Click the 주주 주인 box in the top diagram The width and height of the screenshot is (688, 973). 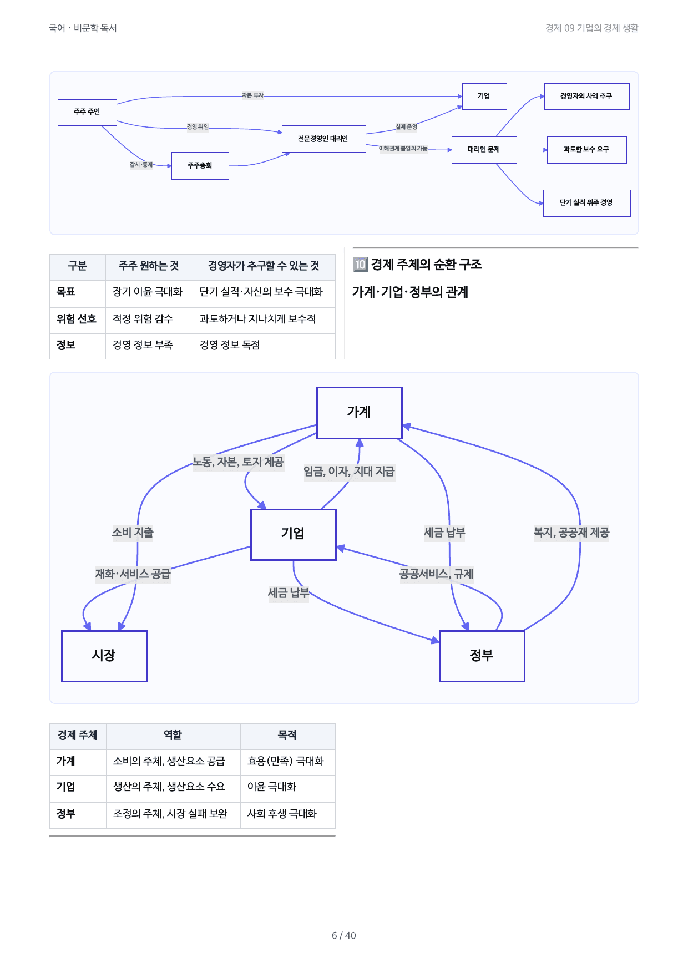pos(87,113)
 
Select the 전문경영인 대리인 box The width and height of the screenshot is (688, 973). pos(323,139)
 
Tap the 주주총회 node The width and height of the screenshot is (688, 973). pos(200,166)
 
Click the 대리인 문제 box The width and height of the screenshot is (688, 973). pos(484,150)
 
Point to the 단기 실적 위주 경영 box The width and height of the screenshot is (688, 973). pos(586,203)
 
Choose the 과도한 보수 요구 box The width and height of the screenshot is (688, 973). pos(586,150)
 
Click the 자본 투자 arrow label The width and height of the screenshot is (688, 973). pos(252,95)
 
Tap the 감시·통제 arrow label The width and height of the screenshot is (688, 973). pos(141,165)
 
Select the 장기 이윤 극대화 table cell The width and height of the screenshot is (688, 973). pos(148,292)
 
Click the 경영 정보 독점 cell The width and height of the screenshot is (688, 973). pos(230,346)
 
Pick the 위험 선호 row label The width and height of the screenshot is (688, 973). pos(77,319)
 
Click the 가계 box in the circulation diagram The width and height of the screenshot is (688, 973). pos(359,413)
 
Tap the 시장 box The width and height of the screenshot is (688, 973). pos(104,656)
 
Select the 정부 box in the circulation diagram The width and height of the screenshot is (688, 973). pos(482,656)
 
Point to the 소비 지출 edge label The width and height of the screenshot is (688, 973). pos(133,533)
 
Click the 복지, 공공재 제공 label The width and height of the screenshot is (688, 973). pos(571,533)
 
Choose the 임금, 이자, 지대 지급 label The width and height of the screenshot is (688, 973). pos(349,472)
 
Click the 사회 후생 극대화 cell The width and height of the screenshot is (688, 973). pos(282,814)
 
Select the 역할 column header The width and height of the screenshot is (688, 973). pos(173,735)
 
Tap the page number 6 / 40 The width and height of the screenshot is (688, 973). pos(344,936)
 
